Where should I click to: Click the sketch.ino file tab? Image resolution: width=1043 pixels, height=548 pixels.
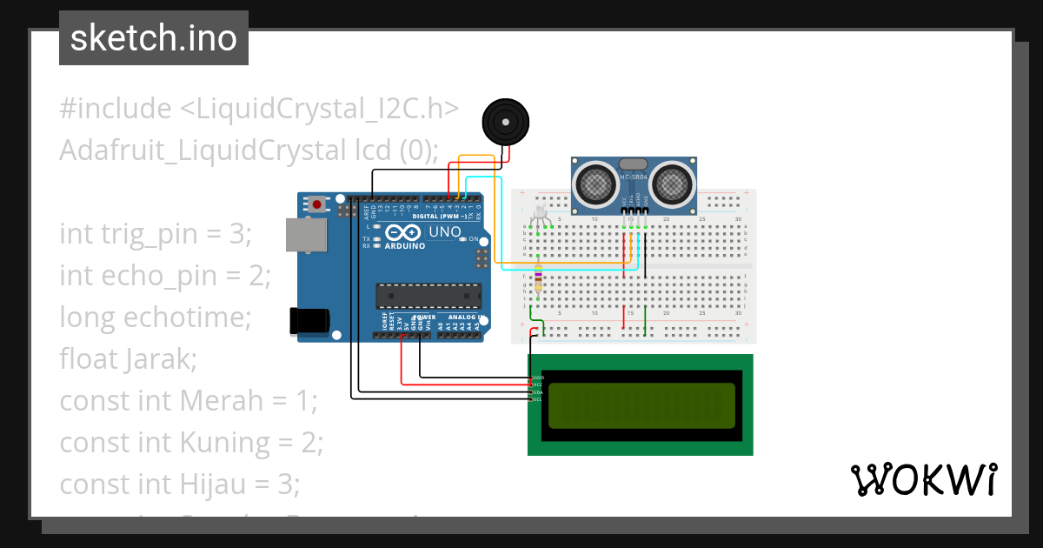pos(154,38)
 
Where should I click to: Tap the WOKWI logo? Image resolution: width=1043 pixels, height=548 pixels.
pos(923,479)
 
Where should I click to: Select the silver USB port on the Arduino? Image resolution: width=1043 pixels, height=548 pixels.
pos(306,235)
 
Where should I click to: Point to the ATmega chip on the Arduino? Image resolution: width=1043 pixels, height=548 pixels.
pos(428,296)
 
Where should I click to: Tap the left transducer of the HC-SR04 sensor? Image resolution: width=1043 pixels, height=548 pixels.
pos(596,184)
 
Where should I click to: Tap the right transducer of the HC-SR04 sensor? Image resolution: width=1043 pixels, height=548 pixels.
pos(674,184)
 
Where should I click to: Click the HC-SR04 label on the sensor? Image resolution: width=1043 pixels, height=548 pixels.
pos(634,178)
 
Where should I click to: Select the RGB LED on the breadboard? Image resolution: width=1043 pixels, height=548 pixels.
pos(538,211)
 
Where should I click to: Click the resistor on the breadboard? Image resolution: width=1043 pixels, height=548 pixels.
pos(538,281)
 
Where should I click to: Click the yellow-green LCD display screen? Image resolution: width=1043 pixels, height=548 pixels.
pos(640,404)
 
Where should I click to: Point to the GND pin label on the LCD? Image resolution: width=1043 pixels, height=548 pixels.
pos(537,378)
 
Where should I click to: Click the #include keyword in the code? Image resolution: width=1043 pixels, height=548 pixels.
pos(116,109)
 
